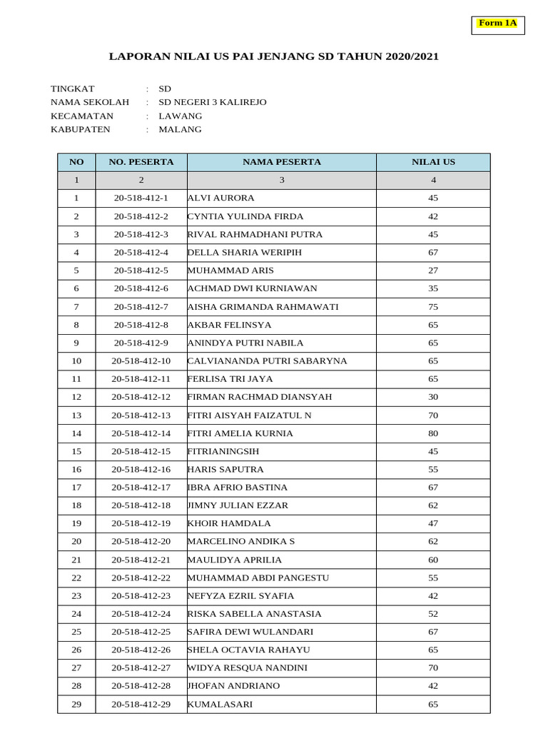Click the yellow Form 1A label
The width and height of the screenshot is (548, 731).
tap(497, 24)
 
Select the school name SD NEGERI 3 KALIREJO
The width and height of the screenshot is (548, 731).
tap(212, 102)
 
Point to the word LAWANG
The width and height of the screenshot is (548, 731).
tap(180, 116)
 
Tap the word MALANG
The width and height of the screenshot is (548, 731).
tap(180, 129)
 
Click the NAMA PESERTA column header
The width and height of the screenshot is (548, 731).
tap(281, 162)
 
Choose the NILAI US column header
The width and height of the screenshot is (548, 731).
tap(433, 162)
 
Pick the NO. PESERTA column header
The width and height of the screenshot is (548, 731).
tap(141, 162)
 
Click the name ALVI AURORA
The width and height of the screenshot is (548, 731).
tap(220, 198)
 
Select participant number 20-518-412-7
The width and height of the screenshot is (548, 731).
tap(141, 307)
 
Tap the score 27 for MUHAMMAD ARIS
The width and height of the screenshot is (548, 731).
tap(433, 271)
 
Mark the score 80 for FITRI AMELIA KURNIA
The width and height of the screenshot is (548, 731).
tap(433, 433)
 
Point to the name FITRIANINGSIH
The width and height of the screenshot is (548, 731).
tap(223, 451)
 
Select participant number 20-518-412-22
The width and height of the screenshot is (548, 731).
tap(141, 578)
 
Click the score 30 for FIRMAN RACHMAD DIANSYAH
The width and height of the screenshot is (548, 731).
tap(433, 397)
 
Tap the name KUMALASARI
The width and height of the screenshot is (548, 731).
tap(219, 705)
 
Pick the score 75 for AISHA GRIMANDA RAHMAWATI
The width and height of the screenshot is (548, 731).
tap(433, 307)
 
